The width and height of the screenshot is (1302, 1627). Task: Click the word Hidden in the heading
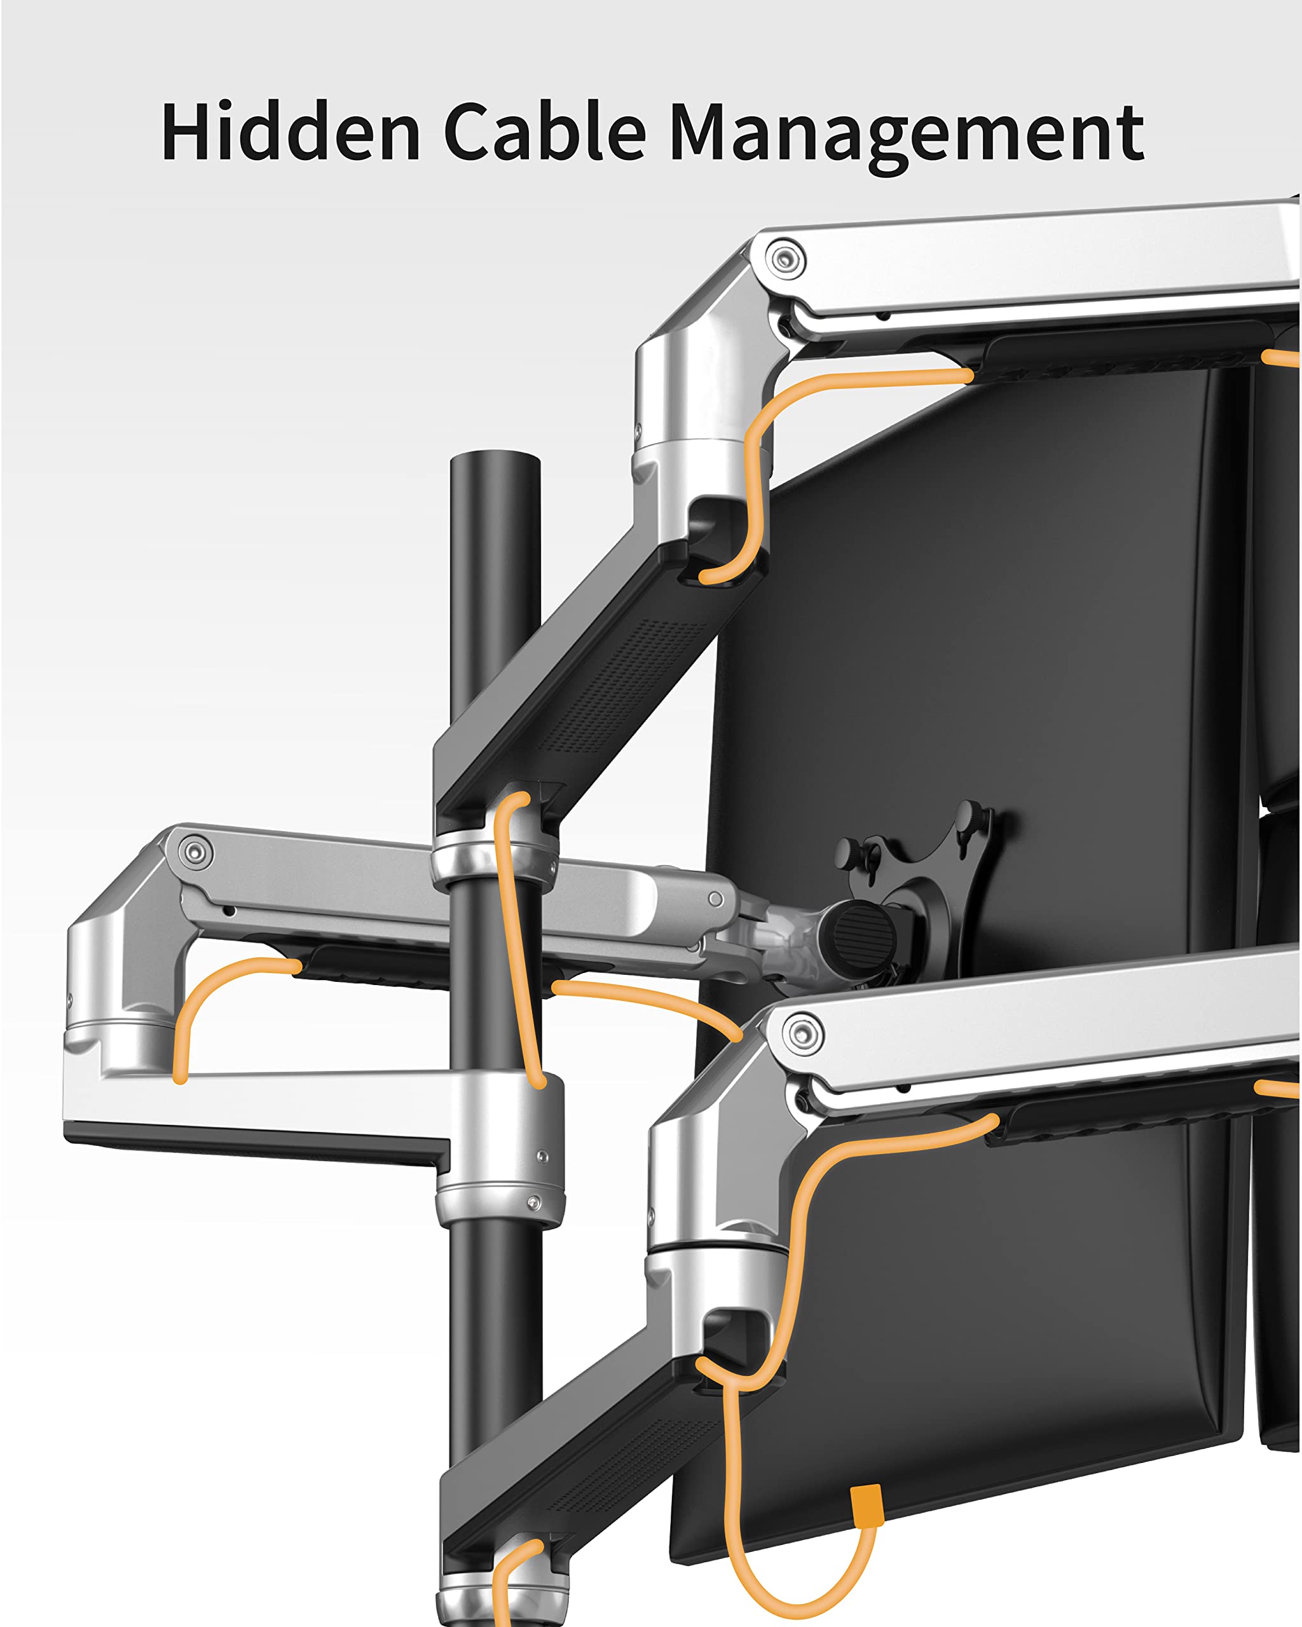coord(291,132)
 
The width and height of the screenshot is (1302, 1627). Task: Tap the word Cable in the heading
coord(545,132)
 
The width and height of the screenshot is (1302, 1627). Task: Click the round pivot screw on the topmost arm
coord(785,259)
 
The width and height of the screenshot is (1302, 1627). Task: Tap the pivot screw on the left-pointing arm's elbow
coord(195,853)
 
